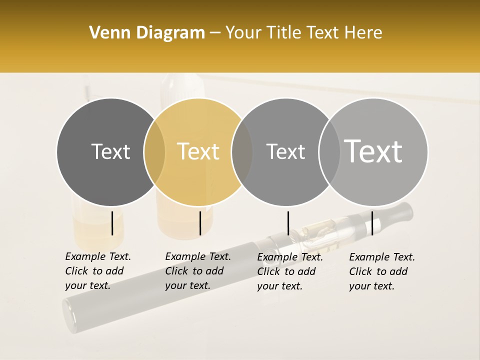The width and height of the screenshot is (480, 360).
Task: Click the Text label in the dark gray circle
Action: pyautogui.click(x=110, y=151)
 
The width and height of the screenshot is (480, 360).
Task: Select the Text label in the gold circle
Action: pyautogui.click(x=198, y=151)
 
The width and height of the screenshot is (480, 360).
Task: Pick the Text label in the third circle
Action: pyautogui.click(x=285, y=151)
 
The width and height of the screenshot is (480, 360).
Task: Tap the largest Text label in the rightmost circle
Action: pyautogui.click(x=373, y=151)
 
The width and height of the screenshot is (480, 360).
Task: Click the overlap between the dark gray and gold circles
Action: pyautogui.click(x=154, y=151)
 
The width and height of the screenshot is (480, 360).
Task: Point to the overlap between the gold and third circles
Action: pyautogui.click(x=242, y=151)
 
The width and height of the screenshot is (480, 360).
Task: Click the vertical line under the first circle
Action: pyautogui.click(x=112, y=223)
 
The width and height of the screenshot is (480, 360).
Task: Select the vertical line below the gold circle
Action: pyautogui.click(x=200, y=223)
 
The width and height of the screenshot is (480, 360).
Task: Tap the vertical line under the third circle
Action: pyautogui.click(x=288, y=223)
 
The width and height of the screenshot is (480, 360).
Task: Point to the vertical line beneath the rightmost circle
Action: pyautogui.click(x=372, y=223)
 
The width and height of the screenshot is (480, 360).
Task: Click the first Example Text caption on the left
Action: pyautogui.click(x=97, y=271)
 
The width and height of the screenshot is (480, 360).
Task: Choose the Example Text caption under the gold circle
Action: pyautogui.click(x=197, y=271)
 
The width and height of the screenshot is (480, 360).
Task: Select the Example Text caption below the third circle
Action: pyautogui.click(x=289, y=271)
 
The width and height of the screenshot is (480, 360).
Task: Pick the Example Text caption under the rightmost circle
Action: pyautogui.click(x=381, y=271)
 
